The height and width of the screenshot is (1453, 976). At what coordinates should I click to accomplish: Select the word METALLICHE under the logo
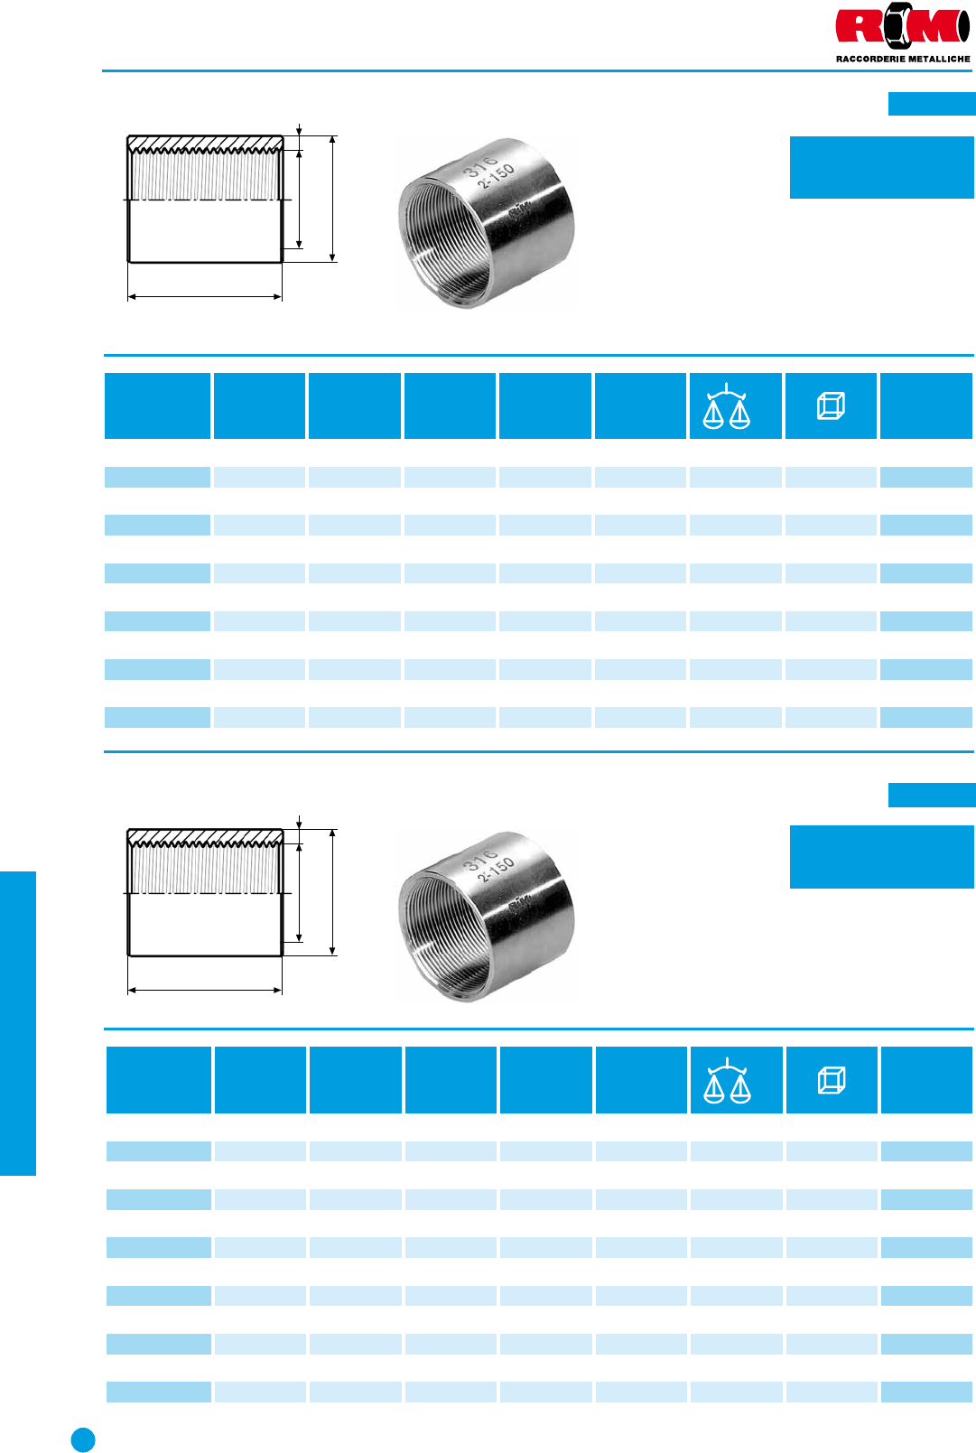pyautogui.click(x=939, y=59)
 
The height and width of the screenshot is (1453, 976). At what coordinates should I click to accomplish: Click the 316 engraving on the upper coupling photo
pyautogui.click(x=480, y=165)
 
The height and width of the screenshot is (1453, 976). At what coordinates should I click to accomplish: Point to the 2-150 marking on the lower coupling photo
pyautogui.click(x=496, y=869)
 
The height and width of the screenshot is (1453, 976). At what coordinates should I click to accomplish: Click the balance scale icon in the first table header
pyautogui.click(x=726, y=406)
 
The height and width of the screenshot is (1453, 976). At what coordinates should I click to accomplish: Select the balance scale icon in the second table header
pyautogui.click(x=727, y=1080)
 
